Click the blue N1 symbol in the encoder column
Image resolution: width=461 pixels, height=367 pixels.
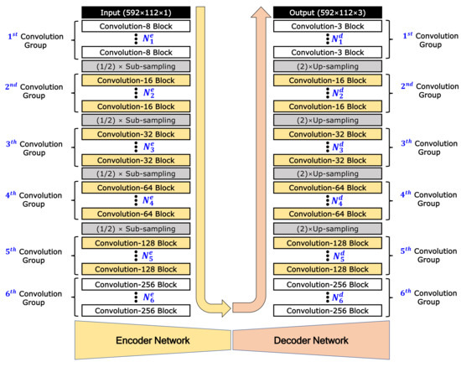tap(148, 39)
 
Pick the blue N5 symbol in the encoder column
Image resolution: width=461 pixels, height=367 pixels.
tap(148, 256)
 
